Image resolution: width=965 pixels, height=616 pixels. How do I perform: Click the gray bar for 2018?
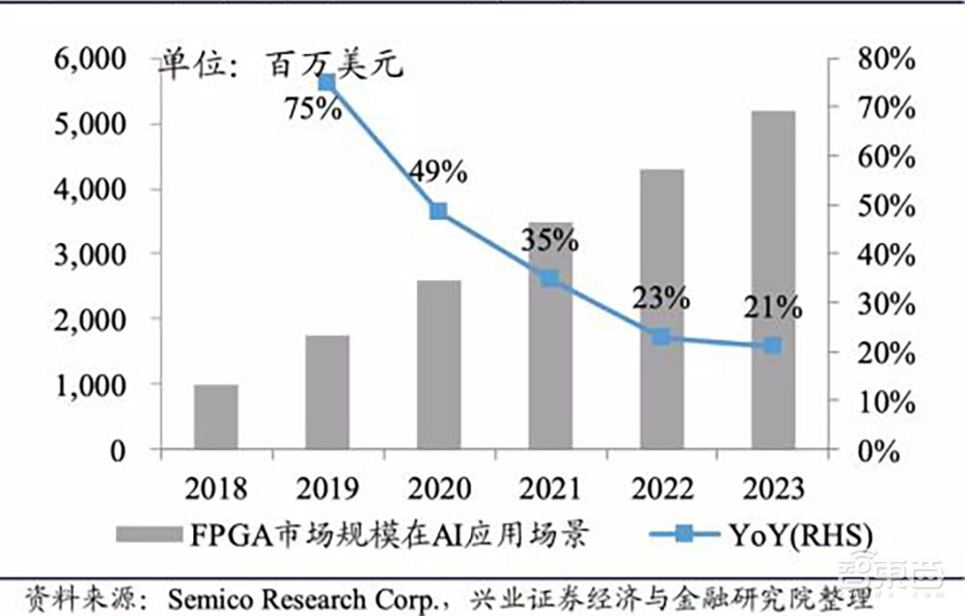pos(216,417)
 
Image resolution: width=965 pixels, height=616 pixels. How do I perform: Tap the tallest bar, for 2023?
pos(773,280)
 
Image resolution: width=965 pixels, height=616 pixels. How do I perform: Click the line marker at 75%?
pos(327,83)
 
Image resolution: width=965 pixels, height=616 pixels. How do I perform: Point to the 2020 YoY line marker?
pos(438,211)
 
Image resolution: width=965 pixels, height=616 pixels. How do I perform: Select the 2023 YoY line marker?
pos(773,345)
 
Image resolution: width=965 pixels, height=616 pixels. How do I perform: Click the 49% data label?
pos(437,173)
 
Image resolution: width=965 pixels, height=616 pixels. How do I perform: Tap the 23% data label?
pos(661,298)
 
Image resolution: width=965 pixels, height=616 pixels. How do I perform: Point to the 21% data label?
pos(772,308)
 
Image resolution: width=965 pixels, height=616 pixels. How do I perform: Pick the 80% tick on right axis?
pos(884,59)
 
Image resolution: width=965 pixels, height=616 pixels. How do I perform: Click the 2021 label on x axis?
pos(550,489)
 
